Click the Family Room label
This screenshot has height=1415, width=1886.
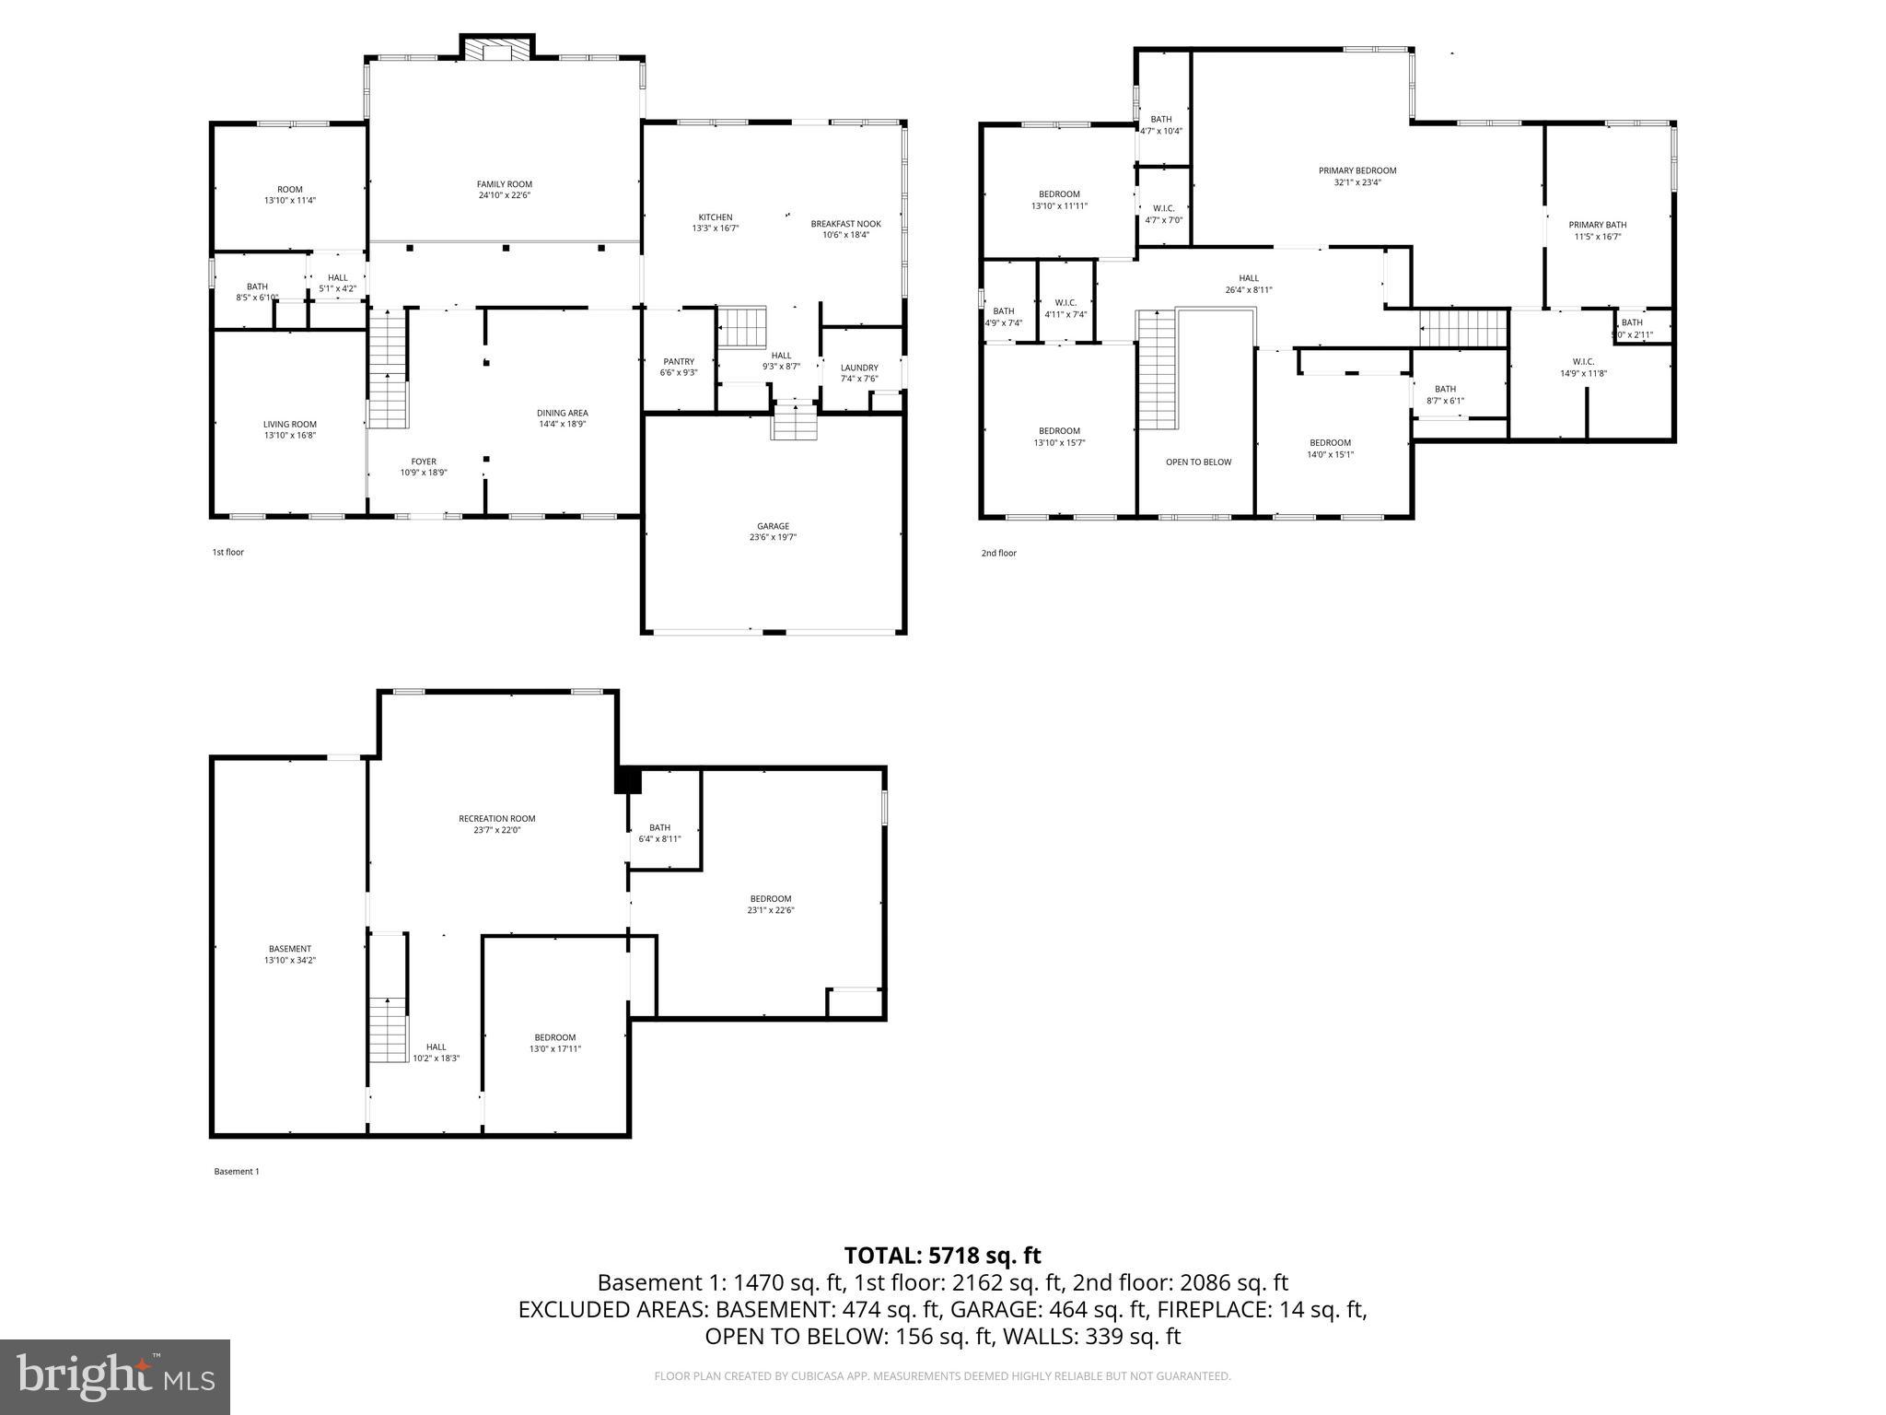tap(504, 184)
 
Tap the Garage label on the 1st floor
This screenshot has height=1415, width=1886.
tap(773, 526)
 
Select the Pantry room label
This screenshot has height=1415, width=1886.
tap(679, 361)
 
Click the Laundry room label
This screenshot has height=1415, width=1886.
tap(858, 368)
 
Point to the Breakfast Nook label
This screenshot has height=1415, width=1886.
tap(845, 224)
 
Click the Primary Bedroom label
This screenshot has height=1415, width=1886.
tap(1356, 170)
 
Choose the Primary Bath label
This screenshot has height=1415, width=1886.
tap(1597, 225)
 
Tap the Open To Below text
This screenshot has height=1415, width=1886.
tap(1197, 462)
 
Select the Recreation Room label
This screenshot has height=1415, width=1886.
tap(496, 818)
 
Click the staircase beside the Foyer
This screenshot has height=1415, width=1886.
tap(388, 369)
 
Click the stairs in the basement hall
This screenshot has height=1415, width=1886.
tap(388, 1029)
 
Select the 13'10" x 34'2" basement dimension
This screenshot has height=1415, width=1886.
tap(290, 960)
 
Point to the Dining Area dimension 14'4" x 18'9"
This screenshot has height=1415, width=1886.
tap(562, 425)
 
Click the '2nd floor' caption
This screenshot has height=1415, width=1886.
tap(998, 553)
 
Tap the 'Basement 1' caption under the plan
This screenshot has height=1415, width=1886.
tap(237, 1172)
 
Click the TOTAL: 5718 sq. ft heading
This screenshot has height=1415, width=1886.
tap(942, 1255)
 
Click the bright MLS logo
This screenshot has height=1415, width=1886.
tap(115, 1377)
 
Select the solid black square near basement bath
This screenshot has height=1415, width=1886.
tap(628, 779)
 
